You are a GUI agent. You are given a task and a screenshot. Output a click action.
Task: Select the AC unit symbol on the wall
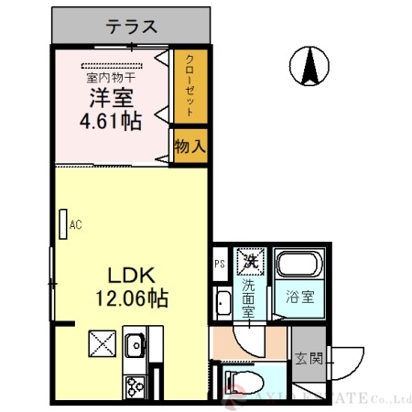[x=64, y=223]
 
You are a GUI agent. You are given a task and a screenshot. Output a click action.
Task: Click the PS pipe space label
[x=220, y=266]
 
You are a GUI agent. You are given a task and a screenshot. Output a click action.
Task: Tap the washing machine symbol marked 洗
[x=249, y=261]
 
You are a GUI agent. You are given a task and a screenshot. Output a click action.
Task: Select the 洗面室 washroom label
[x=249, y=297]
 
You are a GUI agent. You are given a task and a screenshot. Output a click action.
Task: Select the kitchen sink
[x=135, y=347]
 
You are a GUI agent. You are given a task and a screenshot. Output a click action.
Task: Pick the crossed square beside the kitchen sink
[x=100, y=345]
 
